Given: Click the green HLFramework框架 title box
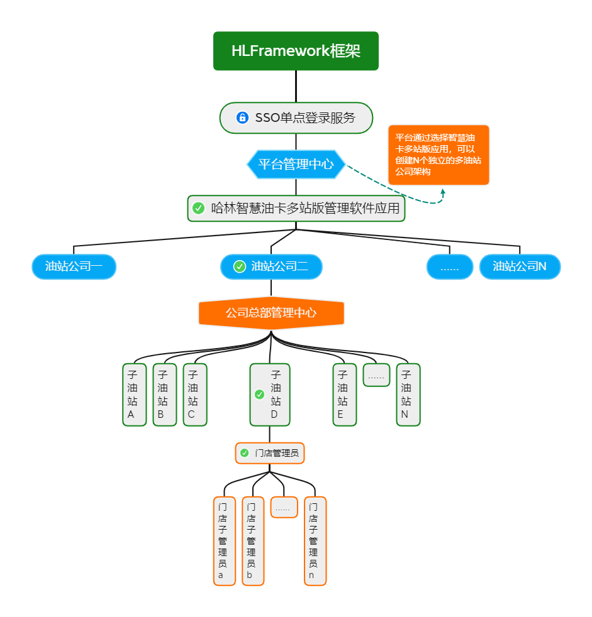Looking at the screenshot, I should coord(296,51).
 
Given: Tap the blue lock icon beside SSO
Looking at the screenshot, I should coord(242,117).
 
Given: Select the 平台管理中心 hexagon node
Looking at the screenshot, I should coord(296,165).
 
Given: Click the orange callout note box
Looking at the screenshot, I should coord(438,155).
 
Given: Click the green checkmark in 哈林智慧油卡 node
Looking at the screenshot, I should coord(199,208).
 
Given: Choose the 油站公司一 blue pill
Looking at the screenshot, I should coord(74,266).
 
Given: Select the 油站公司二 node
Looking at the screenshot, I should coord(271,266).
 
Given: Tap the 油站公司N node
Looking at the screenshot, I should coord(520,266).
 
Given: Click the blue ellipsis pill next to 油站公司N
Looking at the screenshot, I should coord(449,267).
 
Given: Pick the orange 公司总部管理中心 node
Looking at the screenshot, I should coord(271,312).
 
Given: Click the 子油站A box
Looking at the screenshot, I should coord(134,395).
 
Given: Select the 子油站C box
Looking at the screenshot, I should coord(194,395).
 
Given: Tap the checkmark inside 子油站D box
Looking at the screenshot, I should coord(259,395).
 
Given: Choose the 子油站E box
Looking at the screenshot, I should coord(344,395).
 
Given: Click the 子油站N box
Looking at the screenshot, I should coord(408,395).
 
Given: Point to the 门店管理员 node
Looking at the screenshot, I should coord(270,453).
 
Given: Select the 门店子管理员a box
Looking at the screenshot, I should coord(224,541).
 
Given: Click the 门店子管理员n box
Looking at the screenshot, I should coord(315,541).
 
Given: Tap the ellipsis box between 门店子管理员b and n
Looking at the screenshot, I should coord(284,507).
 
